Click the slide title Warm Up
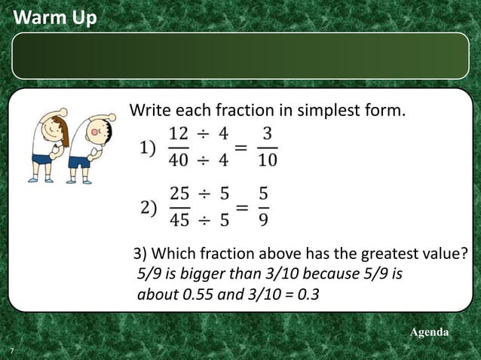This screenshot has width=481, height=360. click(55, 16)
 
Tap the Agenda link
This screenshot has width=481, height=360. click(428, 332)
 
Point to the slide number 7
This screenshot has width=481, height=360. click(12, 352)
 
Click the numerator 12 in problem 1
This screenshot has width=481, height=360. click(179, 134)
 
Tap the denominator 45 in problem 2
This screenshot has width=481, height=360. click(179, 220)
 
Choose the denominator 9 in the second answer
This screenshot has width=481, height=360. click(263, 220)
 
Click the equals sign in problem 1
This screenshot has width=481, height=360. click(240, 148)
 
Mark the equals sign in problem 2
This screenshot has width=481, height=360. click(240, 207)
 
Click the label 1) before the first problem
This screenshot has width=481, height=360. click(149, 148)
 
